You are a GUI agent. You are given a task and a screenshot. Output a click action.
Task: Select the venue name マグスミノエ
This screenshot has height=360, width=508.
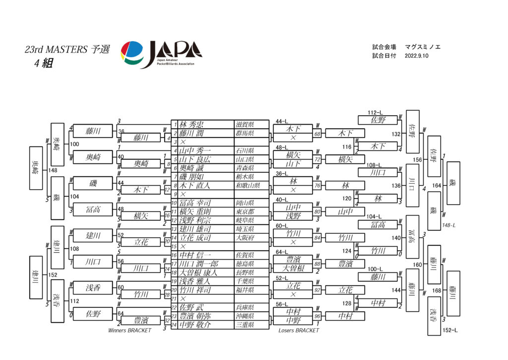point(423,47)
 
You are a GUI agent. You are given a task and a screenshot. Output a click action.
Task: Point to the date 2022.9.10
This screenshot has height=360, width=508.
point(416,56)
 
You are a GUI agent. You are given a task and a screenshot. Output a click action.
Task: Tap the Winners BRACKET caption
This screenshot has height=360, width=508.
point(129,331)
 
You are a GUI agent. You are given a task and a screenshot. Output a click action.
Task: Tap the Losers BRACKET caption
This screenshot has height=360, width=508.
point(299,331)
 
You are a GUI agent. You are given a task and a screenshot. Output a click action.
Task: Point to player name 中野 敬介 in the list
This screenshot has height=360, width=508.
point(195,325)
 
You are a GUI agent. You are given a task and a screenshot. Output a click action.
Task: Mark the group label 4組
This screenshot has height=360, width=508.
point(44,63)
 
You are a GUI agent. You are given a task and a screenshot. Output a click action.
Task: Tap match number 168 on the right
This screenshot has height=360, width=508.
point(437,290)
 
